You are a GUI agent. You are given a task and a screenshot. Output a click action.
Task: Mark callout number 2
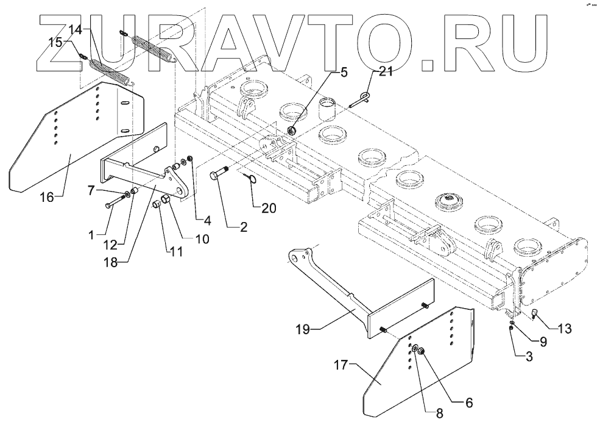tap(242, 228)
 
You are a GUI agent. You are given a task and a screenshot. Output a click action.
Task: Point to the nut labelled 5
tap(291, 130)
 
